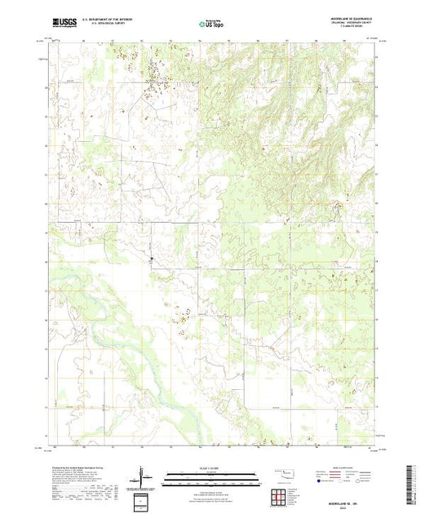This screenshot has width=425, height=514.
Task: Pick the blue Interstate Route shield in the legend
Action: tap(322, 482)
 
